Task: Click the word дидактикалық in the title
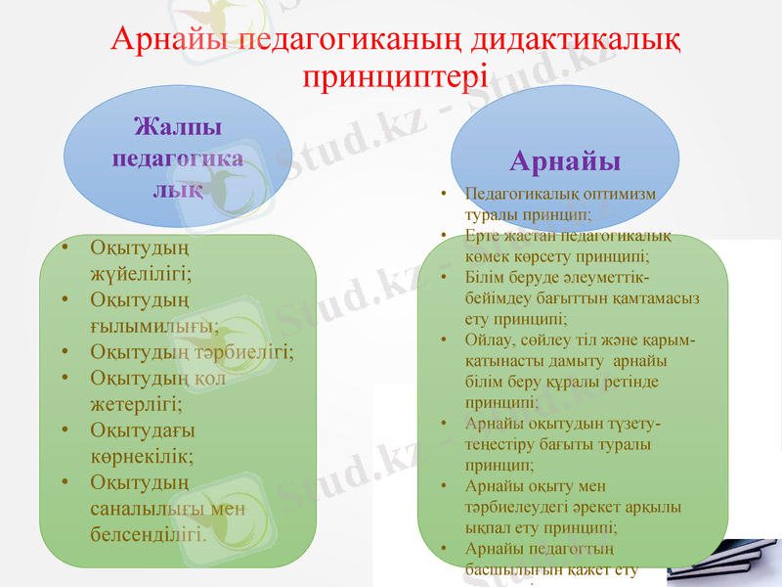click(577, 41)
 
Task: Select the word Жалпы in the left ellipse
click(177, 127)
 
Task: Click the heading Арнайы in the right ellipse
click(565, 159)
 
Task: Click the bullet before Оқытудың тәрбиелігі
click(65, 351)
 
